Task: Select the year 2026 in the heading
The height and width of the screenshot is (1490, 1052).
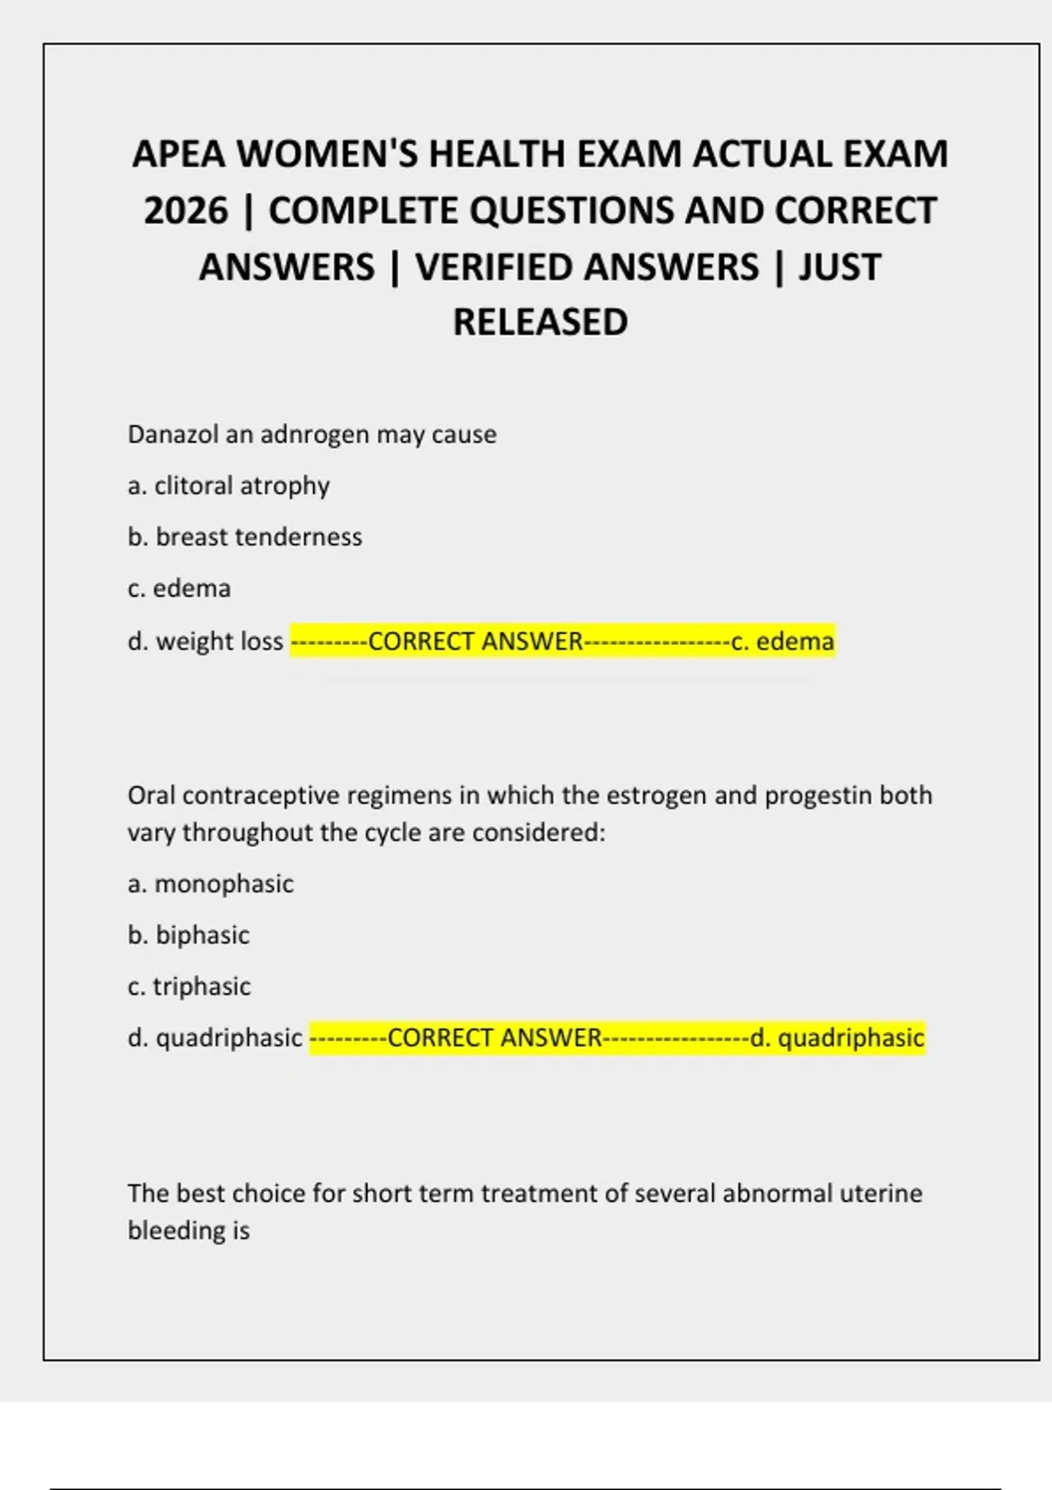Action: click(186, 211)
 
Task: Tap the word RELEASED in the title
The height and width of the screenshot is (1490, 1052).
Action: click(540, 323)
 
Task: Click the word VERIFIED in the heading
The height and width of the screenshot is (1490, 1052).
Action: click(586, 267)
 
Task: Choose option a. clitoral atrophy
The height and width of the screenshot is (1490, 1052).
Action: click(229, 486)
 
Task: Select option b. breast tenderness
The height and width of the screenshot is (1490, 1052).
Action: click(245, 537)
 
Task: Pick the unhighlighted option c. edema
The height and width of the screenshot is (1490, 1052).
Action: click(179, 588)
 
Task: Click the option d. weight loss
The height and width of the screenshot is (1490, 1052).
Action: click(205, 642)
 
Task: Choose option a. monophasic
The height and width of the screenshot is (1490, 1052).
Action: click(210, 883)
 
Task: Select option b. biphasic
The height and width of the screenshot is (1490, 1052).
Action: click(188, 935)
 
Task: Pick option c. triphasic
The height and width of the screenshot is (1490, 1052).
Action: click(189, 987)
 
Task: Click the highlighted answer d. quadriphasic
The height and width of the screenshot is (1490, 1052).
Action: click(836, 1039)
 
